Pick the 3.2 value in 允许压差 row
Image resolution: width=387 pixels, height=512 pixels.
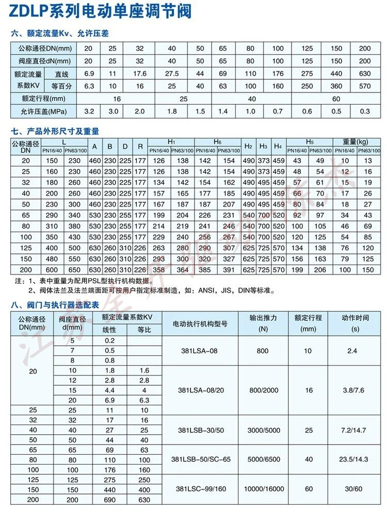pyautogui.click(x=89, y=111)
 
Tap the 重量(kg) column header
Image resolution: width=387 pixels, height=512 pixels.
pyautogui.click(x=356, y=142)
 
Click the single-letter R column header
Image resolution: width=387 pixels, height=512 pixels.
pyautogui.click(x=140, y=146)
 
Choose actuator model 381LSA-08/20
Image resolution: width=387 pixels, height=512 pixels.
pyautogui.click(x=201, y=390)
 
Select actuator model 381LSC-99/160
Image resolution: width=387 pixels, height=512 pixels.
pyautogui.click(x=201, y=489)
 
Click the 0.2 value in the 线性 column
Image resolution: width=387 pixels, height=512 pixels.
pyautogui.click(x=110, y=341)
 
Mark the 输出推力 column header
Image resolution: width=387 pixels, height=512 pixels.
pyautogui.click(x=263, y=318)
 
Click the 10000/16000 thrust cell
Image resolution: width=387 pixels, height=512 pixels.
pyautogui.click(x=262, y=489)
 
